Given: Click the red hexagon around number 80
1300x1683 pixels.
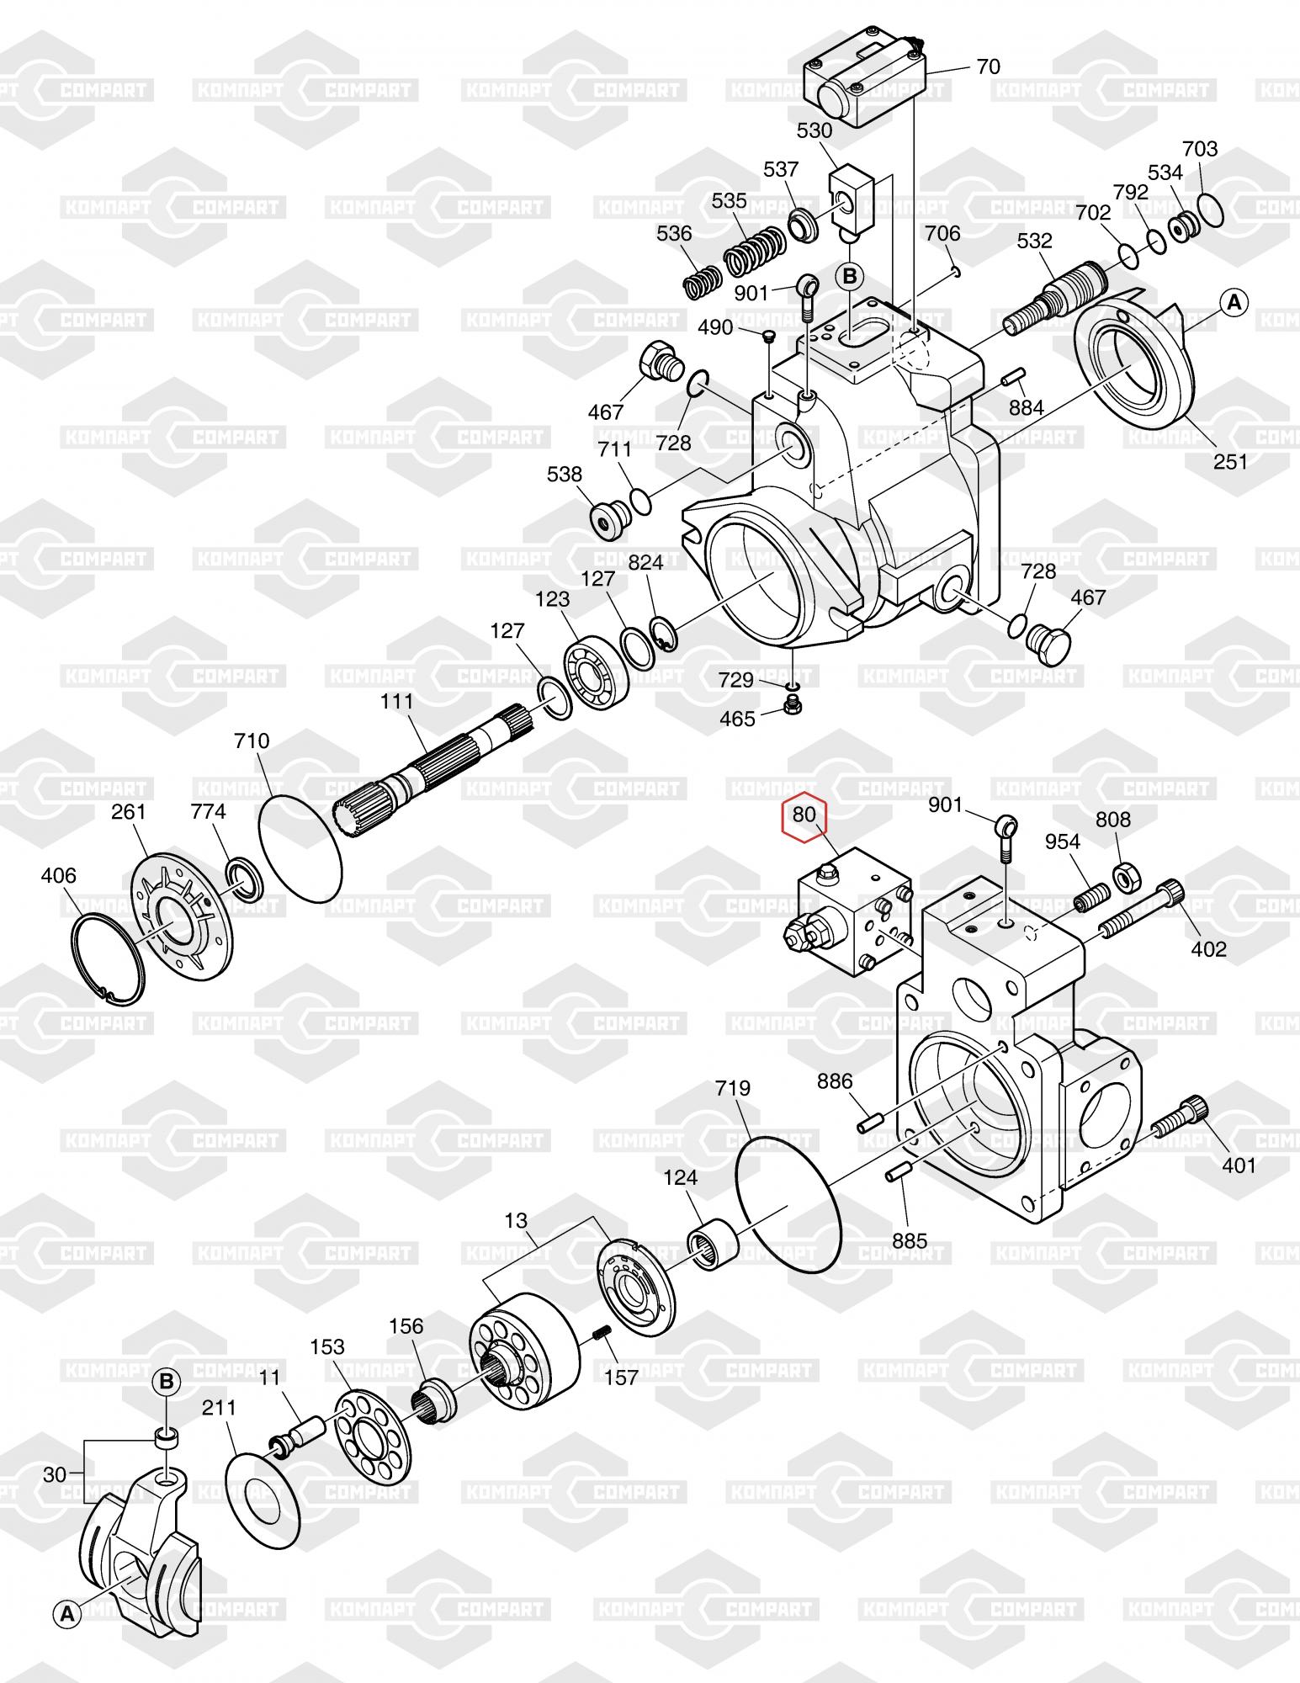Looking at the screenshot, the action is [805, 816].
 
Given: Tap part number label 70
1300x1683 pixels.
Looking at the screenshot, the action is [989, 66].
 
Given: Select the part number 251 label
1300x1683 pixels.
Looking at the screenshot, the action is [1231, 461].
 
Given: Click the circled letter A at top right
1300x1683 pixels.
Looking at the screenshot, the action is [1234, 302].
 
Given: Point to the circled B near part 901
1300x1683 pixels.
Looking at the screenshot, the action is [850, 276].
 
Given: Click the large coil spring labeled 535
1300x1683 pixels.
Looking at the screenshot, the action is [755, 251].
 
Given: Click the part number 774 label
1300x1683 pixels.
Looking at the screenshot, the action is [209, 811].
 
